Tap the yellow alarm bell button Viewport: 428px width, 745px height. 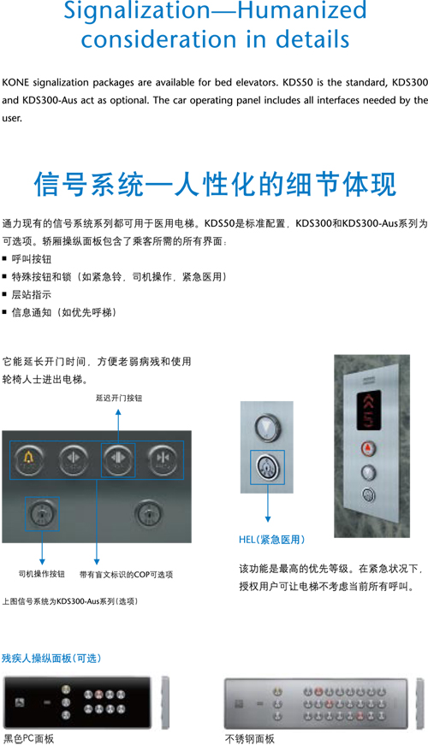tap(29, 459)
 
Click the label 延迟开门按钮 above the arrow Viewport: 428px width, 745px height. tap(119, 398)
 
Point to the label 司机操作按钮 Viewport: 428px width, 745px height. tap(41, 574)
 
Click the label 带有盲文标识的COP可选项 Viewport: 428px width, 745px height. tap(127, 575)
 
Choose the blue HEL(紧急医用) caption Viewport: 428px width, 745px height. tap(271, 539)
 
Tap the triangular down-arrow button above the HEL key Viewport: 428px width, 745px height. tap(268, 426)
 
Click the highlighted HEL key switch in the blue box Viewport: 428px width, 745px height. tap(268, 468)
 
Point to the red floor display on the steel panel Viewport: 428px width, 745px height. tap(369, 410)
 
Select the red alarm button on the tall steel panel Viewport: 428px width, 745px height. tap(368, 448)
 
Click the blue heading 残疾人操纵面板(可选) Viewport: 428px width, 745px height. tap(51, 658)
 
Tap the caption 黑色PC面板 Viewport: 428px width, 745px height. tap(29, 738)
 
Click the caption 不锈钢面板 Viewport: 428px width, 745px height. tap(250, 738)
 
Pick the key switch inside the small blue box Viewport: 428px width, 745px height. tap(42, 514)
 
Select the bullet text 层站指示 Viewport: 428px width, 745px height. tap(32, 294)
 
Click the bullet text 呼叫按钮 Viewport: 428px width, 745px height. tap(32, 259)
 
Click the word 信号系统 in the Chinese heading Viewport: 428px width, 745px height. tap(89, 184)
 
